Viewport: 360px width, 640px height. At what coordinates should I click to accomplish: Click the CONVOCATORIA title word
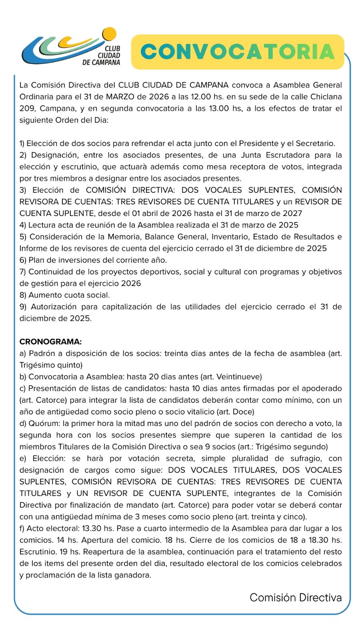(238, 52)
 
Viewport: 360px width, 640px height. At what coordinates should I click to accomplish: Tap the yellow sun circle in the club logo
(109, 34)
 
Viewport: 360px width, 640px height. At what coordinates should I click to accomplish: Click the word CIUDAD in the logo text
(109, 55)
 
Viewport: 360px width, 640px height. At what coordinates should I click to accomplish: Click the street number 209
(27, 108)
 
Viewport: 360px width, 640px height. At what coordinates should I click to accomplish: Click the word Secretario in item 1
(314, 143)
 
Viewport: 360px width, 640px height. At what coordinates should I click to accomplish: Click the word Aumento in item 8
(42, 295)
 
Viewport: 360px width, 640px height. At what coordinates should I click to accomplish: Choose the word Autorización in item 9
(54, 307)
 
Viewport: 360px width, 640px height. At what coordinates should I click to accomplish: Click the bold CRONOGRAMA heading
(50, 342)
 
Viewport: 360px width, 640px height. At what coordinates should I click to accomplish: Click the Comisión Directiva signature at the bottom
(296, 598)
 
